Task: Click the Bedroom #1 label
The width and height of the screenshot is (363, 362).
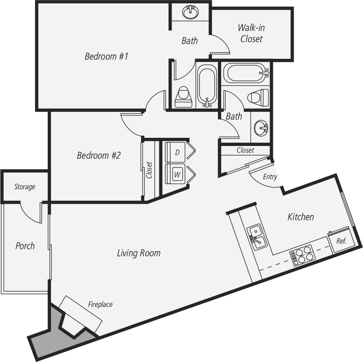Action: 106,57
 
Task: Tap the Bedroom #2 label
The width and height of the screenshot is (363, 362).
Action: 99,155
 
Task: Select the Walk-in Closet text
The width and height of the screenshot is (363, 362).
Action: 252,33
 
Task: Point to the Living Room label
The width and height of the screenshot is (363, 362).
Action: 139,253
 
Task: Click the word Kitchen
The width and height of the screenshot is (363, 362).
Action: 300,217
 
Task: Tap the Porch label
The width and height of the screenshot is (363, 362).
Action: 25,246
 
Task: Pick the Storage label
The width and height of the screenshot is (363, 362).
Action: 25,187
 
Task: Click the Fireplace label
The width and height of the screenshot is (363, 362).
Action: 100,305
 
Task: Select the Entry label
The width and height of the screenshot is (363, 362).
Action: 270,177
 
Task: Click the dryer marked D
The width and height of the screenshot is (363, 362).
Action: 175,152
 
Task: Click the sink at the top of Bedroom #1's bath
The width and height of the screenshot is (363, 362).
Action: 191,12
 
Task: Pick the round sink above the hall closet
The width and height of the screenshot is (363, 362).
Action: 261,128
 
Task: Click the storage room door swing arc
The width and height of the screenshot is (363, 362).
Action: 32,214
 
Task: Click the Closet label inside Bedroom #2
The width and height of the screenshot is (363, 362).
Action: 149,170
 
